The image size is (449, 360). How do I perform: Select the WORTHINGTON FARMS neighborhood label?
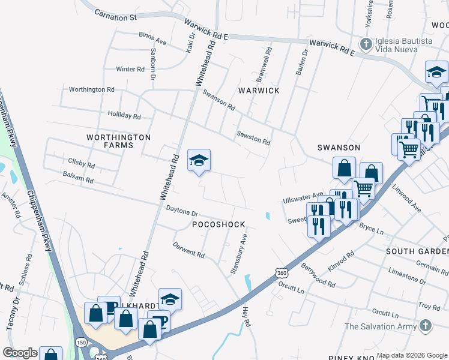118,141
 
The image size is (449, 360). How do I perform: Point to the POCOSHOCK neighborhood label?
218,224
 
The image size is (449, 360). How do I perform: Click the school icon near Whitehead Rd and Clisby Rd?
199,161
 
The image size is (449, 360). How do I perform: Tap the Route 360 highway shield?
282,273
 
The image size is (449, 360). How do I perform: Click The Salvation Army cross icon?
425,326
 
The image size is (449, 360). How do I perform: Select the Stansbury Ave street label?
238,254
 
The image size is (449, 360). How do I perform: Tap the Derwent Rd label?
188,250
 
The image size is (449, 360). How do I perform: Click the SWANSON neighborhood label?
339,148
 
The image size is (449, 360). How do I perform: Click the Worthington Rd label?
91,89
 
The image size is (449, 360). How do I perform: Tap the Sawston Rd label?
253,138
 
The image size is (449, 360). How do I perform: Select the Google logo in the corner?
20,353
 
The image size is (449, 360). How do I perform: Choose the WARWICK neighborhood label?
259,91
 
